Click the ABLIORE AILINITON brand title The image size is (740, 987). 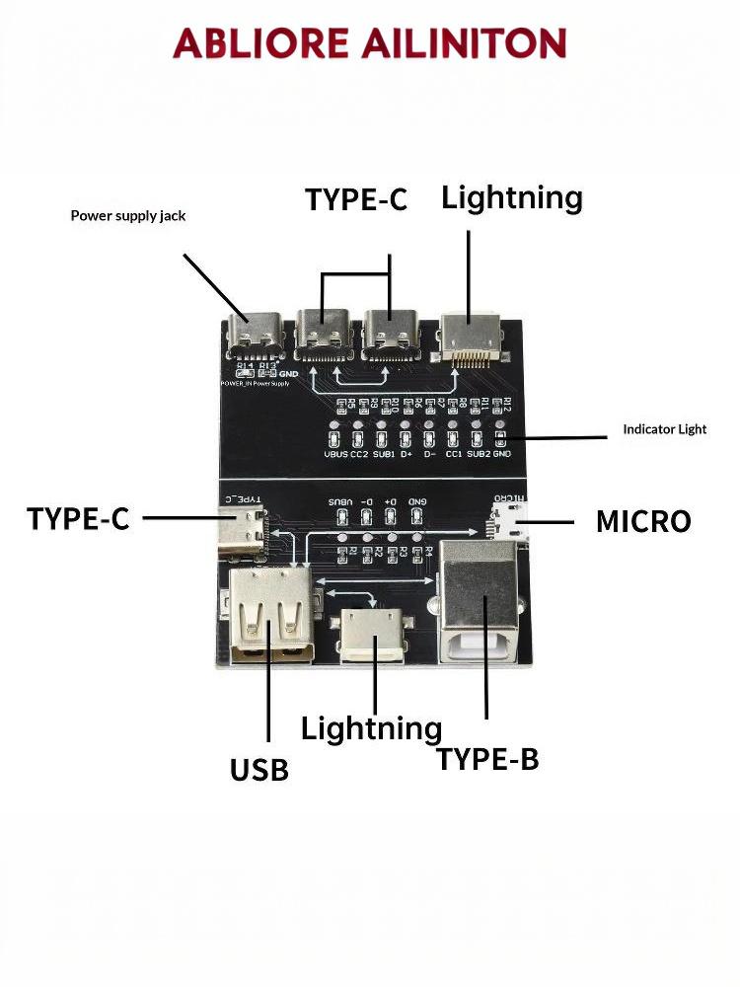click(369, 43)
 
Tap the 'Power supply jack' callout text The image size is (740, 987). click(128, 215)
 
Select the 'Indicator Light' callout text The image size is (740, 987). click(664, 429)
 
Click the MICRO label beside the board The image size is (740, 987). click(642, 521)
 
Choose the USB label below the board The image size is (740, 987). click(259, 769)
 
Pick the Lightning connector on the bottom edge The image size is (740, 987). click(373, 636)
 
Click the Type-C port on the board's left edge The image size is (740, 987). click(243, 530)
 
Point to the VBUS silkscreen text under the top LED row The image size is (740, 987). click(335, 454)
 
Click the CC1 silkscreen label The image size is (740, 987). click(453, 454)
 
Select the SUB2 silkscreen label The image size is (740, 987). click(478, 454)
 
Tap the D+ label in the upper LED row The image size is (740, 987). click(406, 454)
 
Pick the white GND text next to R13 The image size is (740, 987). click(288, 374)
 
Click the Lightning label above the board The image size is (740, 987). click(512, 197)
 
